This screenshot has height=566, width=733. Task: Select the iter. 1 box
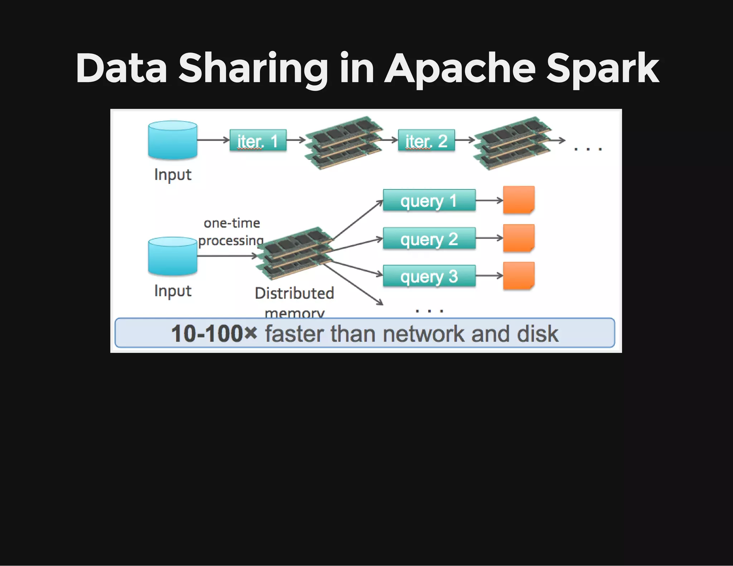click(258, 140)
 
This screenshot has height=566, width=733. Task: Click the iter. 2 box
click(426, 140)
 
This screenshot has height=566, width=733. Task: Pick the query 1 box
click(429, 200)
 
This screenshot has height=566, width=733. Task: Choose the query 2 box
click(429, 238)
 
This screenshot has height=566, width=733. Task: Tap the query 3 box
click(429, 276)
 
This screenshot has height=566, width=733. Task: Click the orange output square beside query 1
click(519, 200)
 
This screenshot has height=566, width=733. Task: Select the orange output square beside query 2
click(519, 238)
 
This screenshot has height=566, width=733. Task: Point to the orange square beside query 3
click(519, 275)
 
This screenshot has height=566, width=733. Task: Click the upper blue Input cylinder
click(173, 140)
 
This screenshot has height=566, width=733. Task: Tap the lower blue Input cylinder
click(173, 256)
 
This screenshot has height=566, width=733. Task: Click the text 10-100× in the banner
click(214, 333)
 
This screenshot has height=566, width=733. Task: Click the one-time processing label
click(232, 232)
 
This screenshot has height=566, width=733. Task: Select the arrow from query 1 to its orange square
click(489, 200)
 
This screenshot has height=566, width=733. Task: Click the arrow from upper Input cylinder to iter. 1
click(213, 140)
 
